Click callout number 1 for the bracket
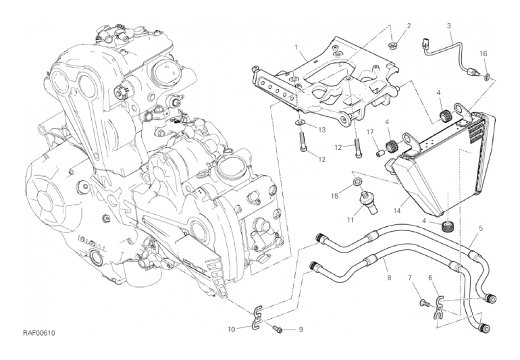click(x=296, y=47)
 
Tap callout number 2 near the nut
click(x=408, y=26)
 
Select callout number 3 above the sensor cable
click(x=449, y=26)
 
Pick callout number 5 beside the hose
click(x=480, y=228)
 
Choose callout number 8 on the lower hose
click(x=389, y=277)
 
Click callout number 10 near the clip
click(x=231, y=330)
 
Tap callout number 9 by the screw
click(x=301, y=330)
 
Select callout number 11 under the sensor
click(x=350, y=220)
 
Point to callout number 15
click(x=334, y=197)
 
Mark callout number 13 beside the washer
click(x=322, y=129)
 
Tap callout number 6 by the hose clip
click(x=430, y=278)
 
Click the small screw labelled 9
click(x=277, y=329)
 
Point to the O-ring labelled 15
click(x=356, y=184)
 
